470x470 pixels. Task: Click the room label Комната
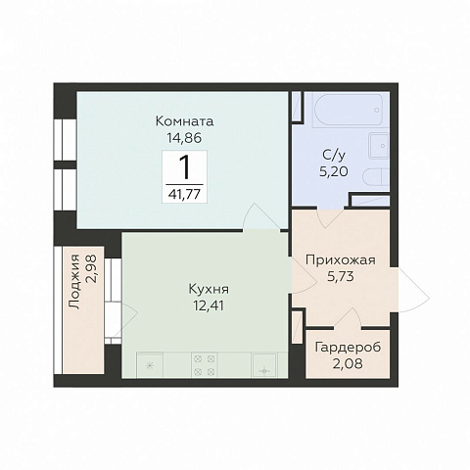(x=184, y=121)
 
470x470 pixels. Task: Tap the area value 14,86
(x=184, y=138)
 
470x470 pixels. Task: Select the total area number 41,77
(x=184, y=195)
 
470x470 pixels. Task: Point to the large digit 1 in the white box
(x=184, y=166)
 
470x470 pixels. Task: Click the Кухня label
(x=209, y=290)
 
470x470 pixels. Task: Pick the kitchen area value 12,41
(x=209, y=306)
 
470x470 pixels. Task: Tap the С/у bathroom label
(x=334, y=156)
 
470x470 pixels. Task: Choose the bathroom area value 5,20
(x=334, y=171)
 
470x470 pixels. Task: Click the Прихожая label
(x=341, y=260)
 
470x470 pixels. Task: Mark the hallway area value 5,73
(x=341, y=277)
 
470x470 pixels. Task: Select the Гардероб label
(x=348, y=348)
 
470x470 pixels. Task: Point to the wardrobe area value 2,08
(x=348, y=363)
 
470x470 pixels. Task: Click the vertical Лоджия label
(x=74, y=282)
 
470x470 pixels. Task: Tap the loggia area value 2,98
(x=91, y=269)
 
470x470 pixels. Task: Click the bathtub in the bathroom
(x=348, y=110)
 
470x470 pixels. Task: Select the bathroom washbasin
(x=379, y=146)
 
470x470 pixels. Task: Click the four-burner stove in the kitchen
(x=205, y=365)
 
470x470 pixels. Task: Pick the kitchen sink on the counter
(x=264, y=365)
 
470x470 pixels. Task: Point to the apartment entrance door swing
(x=414, y=290)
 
